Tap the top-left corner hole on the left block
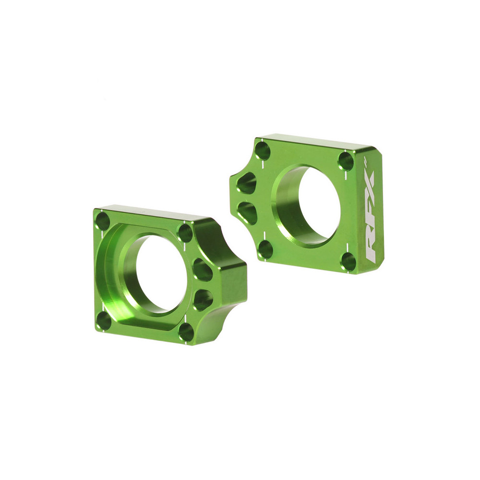coord(103,221)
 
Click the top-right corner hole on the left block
coord(185,233)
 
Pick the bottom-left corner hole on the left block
coord(103,320)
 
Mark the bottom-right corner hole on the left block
coord(186,332)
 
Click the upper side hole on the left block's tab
coord(203,270)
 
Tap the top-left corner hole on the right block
coord(263,151)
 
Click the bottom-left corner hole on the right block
coord(265,249)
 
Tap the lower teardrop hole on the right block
coord(247,212)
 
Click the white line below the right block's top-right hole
coord(346,178)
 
